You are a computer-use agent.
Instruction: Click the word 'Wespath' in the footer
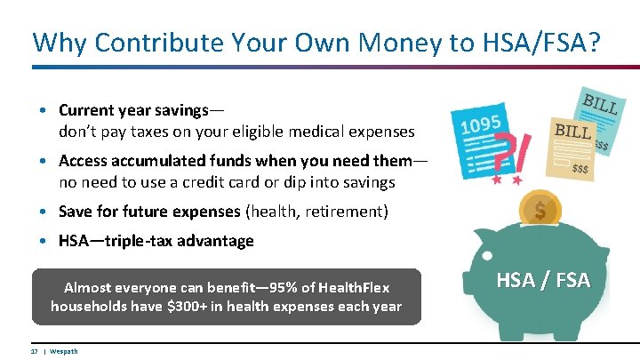(x=63, y=351)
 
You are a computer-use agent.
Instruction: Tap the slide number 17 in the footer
(x=34, y=351)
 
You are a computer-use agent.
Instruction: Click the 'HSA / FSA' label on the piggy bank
(x=541, y=280)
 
